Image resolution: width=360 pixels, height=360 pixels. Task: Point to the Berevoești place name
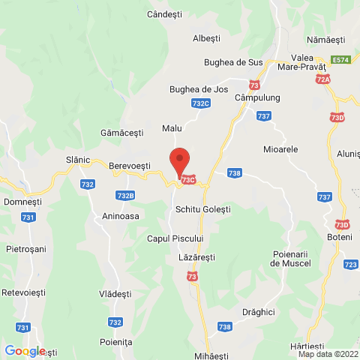(x=130, y=165)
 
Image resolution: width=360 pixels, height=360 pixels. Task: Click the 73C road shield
(x=187, y=179)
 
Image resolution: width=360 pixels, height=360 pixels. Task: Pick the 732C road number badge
(x=200, y=103)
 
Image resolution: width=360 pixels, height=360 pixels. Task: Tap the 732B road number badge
(x=126, y=196)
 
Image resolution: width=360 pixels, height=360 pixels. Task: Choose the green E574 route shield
(x=341, y=59)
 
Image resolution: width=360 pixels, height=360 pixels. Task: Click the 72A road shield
(x=323, y=79)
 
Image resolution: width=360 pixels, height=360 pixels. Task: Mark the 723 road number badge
(x=350, y=265)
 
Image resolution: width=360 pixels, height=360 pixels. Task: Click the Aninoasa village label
(x=121, y=215)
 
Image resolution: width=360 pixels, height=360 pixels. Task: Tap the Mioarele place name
(x=281, y=149)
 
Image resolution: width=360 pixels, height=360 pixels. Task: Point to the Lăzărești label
(x=197, y=256)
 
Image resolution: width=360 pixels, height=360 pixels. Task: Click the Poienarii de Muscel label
(x=291, y=259)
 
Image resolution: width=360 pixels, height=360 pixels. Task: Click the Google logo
(x=25, y=350)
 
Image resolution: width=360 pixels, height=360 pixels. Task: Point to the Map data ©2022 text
(x=328, y=355)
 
